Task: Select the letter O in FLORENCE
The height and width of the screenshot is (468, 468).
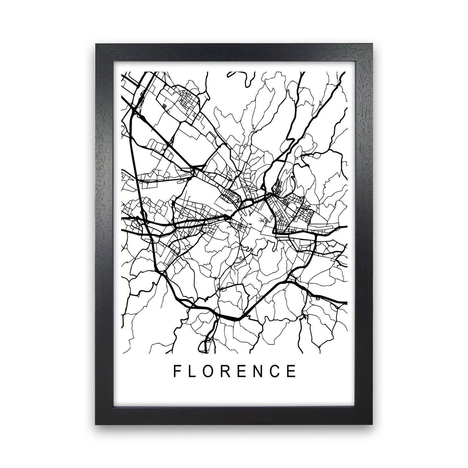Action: pyautogui.click(x=211, y=371)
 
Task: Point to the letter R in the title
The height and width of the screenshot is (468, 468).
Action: pyautogui.click(x=228, y=371)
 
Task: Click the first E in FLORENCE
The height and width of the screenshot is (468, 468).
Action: pyautogui.click(x=245, y=371)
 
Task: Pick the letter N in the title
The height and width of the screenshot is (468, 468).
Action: pyautogui.click(x=261, y=371)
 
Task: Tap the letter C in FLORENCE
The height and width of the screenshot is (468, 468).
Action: pyautogui.click(x=278, y=371)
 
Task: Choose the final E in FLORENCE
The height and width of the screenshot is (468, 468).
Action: pyautogui.click(x=293, y=371)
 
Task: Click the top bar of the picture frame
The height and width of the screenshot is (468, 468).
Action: pyautogui.click(x=234, y=51)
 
